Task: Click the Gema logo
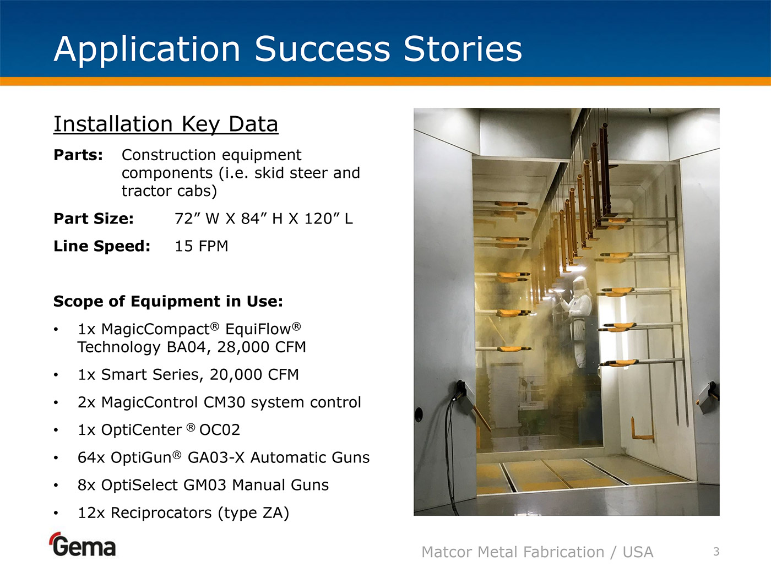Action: coord(83,544)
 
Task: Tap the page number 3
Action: coord(716,552)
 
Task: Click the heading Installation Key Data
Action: coord(166,124)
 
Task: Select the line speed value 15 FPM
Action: coord(201,246)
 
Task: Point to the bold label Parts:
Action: coord(78,155)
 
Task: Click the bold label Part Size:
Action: coord(94,219)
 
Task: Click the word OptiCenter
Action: coord(142,429)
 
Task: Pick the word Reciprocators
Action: coord(161,512)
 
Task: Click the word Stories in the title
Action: coord(463,49)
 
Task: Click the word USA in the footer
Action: coord(638,552)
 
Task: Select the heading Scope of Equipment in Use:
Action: coord(168,301)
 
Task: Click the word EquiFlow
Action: coord(263,329)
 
